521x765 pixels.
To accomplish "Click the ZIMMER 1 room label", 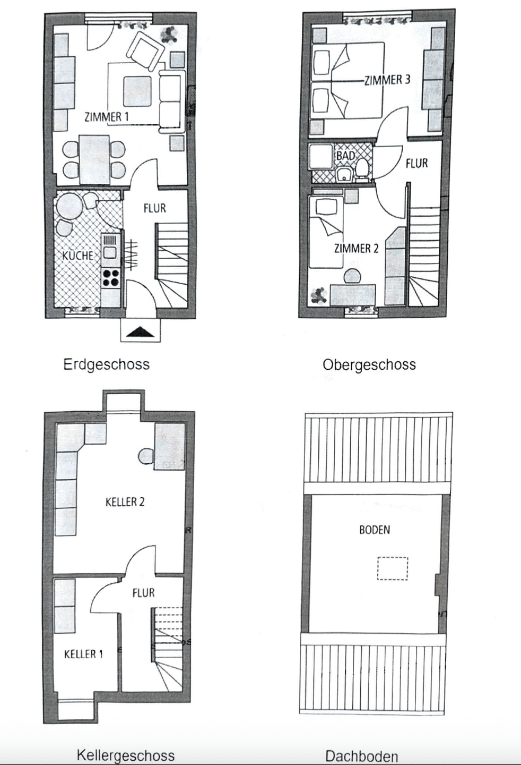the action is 107,117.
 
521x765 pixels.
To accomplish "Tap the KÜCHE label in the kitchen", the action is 78,256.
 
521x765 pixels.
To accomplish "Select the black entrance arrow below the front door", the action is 141,331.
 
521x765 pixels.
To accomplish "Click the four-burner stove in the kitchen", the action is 111,277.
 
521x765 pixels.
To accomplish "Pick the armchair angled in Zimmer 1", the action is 145,50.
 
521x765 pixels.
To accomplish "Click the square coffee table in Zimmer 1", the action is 137,90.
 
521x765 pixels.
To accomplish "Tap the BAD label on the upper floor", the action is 346,156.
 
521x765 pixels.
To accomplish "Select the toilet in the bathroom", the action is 362,170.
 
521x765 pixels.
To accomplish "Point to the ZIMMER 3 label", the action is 387,80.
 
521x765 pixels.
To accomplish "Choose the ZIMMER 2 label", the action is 357,248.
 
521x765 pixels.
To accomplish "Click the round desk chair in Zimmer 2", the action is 353,276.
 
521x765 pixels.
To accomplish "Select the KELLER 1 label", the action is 83,654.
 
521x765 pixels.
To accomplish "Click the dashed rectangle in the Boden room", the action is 393,568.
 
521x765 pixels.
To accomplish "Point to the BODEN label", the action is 375,530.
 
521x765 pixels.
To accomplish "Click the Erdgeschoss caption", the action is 107,365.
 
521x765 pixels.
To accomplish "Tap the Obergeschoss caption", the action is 369,365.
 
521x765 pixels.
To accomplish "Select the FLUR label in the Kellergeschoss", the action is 144,592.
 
